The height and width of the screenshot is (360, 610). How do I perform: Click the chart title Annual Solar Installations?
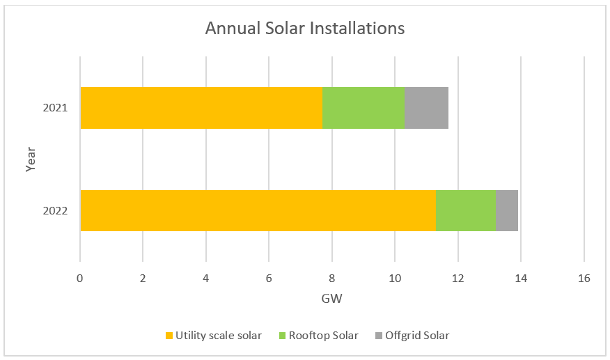coord(304,29)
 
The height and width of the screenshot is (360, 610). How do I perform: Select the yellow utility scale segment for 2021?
coord(201,108)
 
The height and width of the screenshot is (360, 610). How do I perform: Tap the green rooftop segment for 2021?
coord(363,108)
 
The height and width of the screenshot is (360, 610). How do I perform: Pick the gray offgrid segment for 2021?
coord(426,108)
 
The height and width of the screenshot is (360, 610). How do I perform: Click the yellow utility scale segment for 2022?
coord(258,210)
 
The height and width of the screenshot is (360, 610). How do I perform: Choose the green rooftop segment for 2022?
coord(465,210)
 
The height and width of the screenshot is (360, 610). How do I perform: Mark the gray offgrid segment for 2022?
coord(506,210)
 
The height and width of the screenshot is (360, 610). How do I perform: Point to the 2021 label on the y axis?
coord(55,108)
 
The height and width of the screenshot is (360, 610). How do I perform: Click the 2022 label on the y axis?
coord(55,210)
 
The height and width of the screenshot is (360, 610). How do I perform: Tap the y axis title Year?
coord(31,159)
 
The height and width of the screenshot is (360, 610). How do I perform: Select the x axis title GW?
coord(331,299)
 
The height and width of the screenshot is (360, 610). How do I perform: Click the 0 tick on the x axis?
coord(80,279)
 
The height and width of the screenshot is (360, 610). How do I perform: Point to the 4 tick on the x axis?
coord(206,279)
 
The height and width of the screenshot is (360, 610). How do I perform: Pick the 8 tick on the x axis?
coord(332,279)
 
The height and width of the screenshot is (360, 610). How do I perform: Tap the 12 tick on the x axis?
coord(458,279)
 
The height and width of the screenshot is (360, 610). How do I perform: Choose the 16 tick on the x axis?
coord(584,279)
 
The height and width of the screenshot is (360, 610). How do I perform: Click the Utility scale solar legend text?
coord(219,336)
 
